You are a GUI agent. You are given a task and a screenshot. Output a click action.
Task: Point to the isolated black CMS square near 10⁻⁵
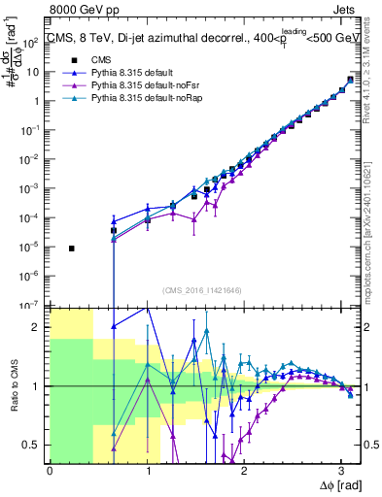(72, 248)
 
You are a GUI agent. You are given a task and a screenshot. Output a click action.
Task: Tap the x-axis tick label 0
(50, 468)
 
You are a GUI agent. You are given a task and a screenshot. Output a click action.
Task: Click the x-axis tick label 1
(147, 468)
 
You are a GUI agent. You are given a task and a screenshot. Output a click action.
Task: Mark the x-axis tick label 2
(244, 468)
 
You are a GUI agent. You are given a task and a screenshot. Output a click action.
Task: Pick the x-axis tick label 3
(340, 468)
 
